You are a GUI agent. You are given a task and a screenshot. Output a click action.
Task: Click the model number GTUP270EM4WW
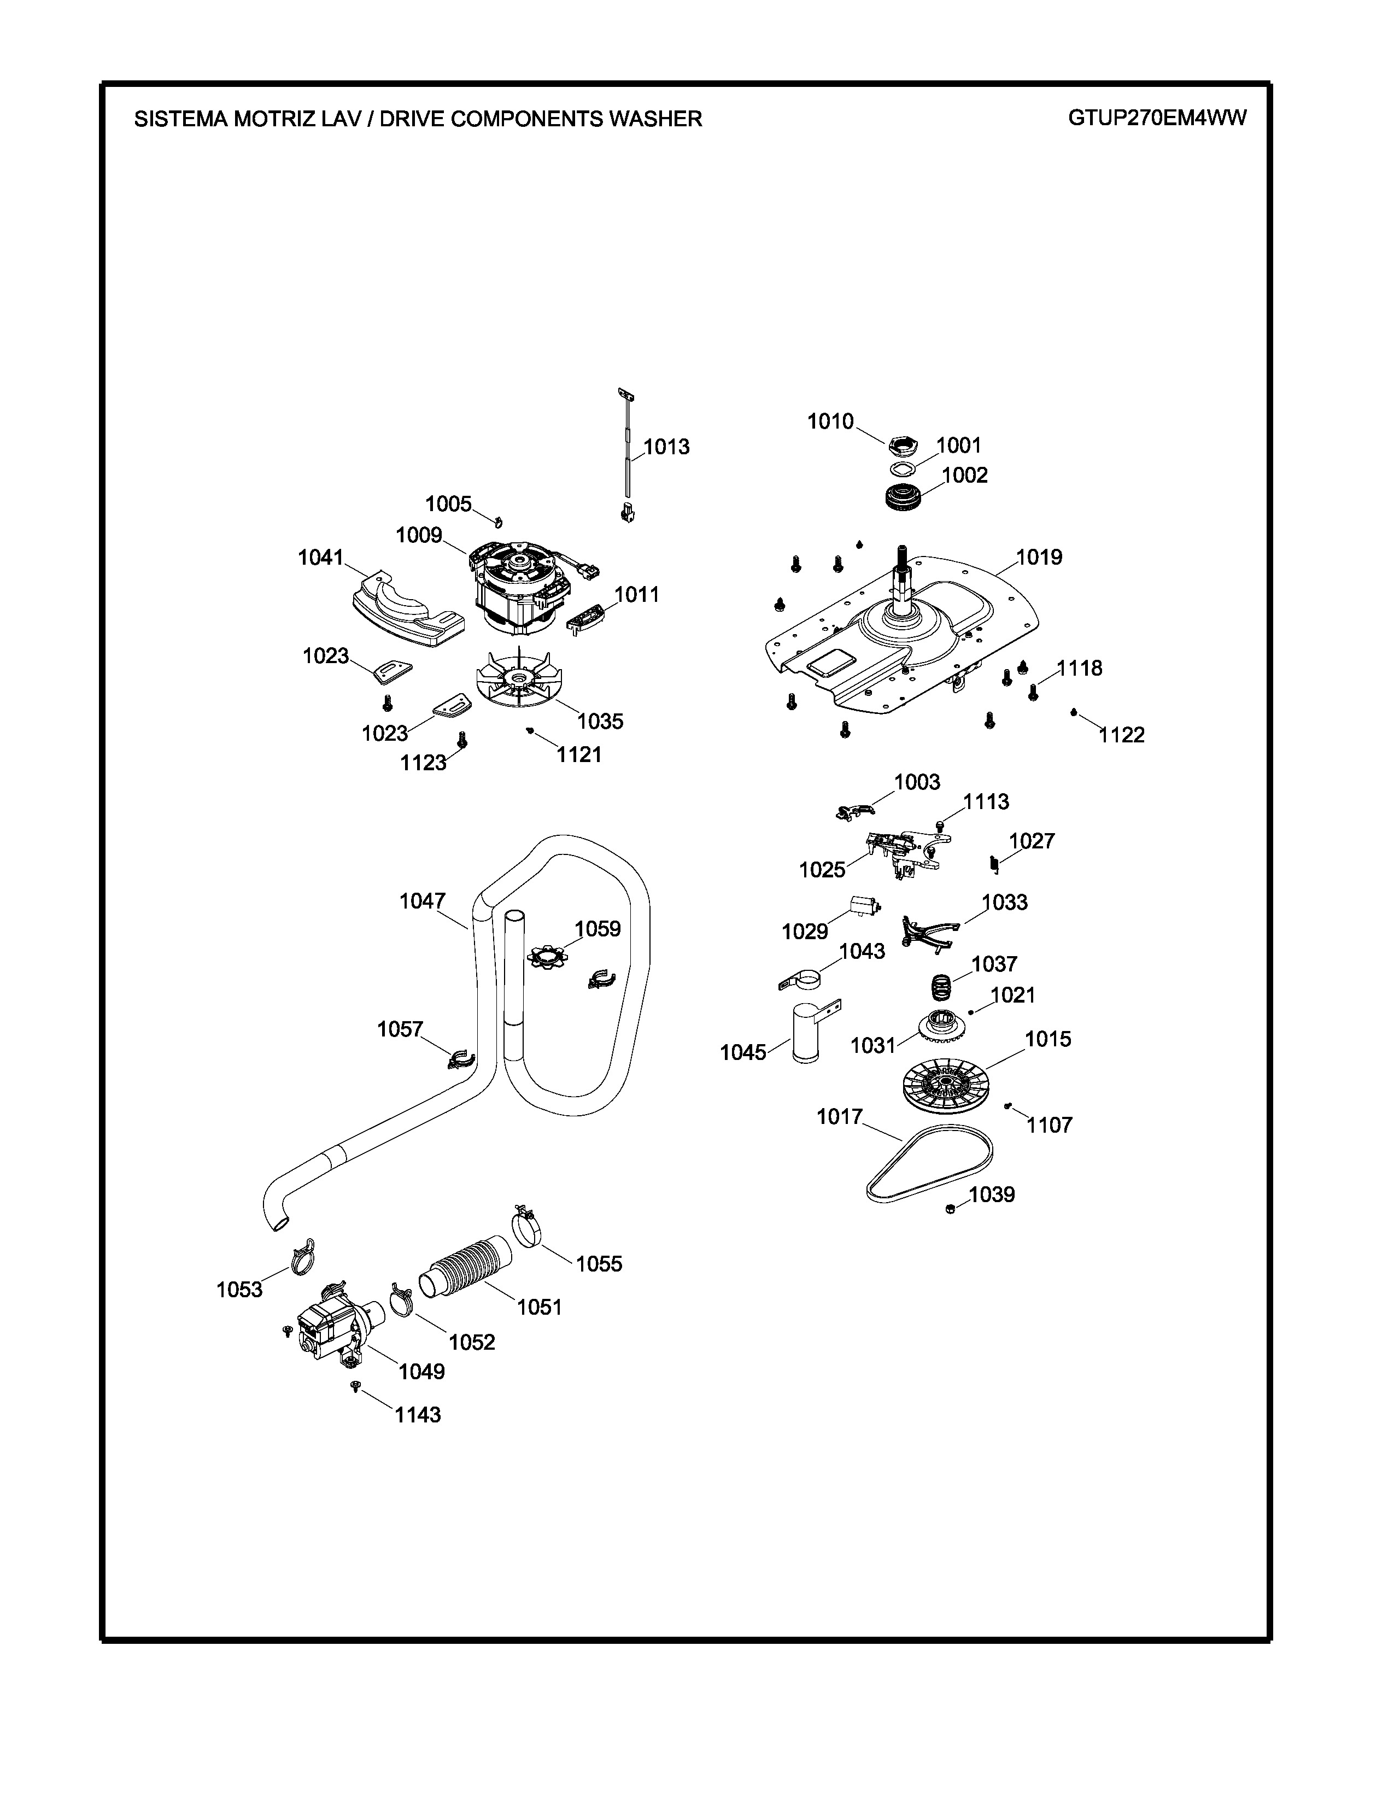(1157, 118)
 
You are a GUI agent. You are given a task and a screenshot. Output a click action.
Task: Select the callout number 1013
(666, 447)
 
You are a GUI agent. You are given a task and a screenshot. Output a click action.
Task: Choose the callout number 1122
(1121, 735)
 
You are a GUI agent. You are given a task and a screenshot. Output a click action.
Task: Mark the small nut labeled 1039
(951, 1209)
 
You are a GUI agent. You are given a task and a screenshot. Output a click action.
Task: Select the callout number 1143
(418, 1415)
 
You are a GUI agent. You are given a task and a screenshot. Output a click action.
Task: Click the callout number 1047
(422, 901)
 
